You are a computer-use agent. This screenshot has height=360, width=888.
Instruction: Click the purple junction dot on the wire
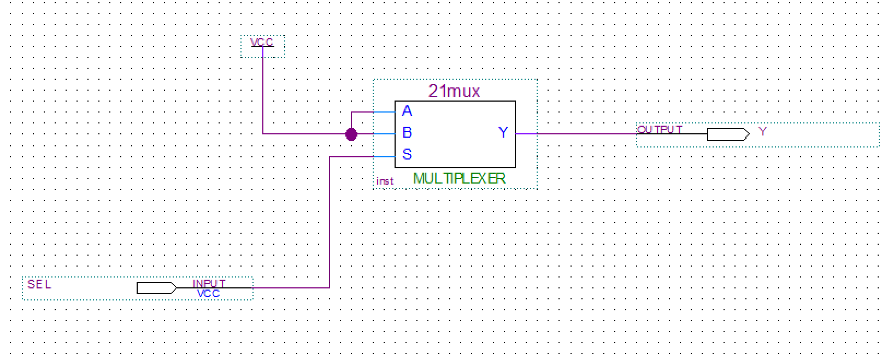pos(351,134)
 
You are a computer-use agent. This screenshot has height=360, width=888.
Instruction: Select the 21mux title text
pos(454,91)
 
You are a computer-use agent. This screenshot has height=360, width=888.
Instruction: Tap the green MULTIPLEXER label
pos(459,178)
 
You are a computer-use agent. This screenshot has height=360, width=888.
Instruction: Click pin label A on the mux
pos(407,111)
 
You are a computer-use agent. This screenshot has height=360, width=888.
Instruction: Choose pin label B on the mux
pos(407,133)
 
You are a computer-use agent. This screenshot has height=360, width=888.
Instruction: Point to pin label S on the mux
pos(407,155)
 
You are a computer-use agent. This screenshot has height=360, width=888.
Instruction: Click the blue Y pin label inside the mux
pos(503,132)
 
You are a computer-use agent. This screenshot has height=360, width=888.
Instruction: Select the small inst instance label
pos(385,181)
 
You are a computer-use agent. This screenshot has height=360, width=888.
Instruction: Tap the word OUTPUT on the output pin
pos(660,129)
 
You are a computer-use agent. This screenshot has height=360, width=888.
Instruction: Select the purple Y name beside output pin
pos(763,132)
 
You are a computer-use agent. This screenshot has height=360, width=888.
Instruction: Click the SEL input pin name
pos(39,284)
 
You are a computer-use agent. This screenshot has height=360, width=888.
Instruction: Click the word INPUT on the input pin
pos(209,283)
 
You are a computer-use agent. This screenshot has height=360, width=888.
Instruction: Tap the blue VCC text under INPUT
pos(208,294)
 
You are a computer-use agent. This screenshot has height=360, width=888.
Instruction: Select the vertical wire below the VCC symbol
pos(263,93)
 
